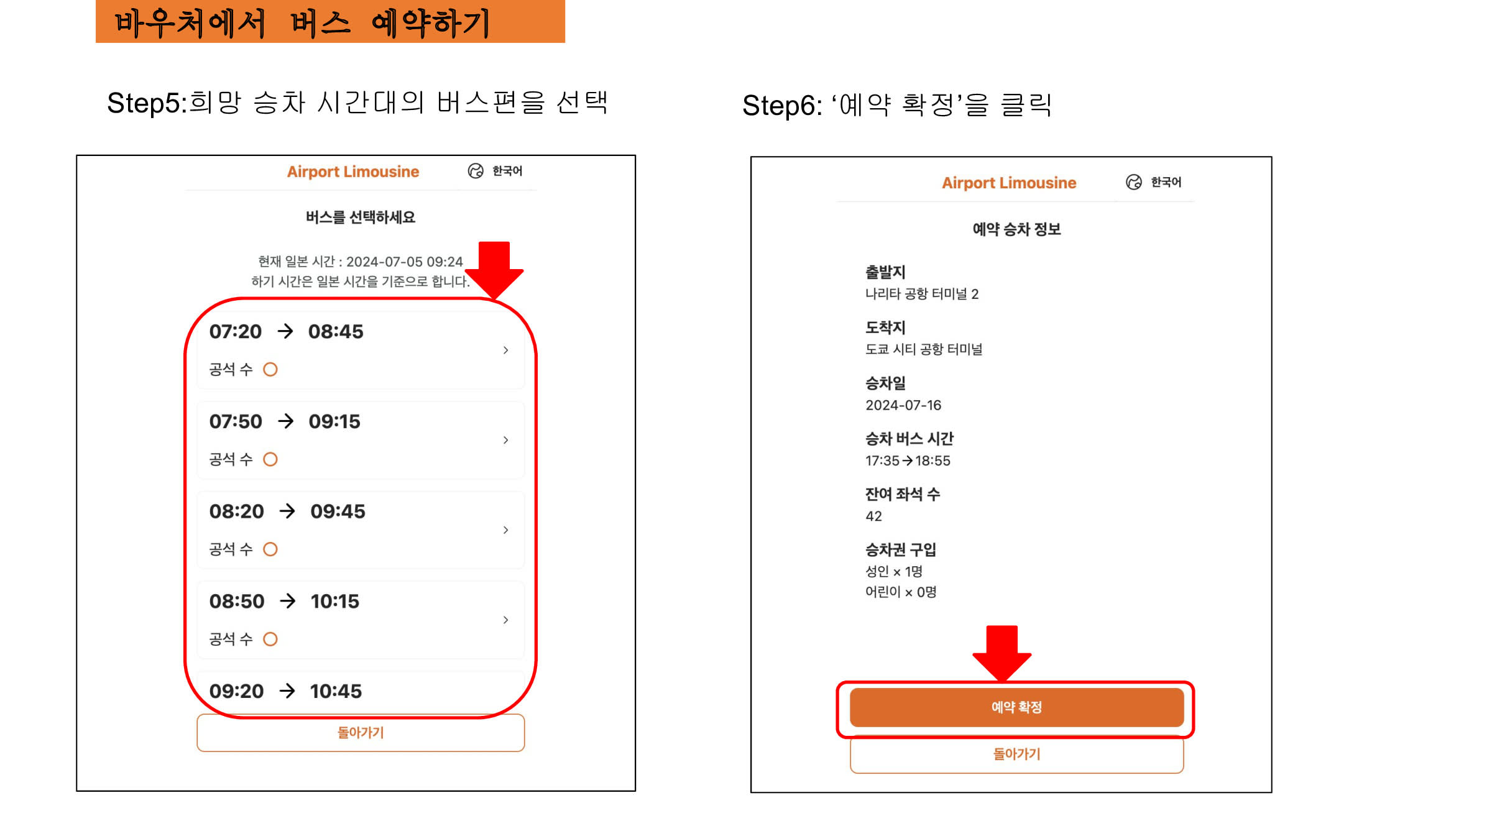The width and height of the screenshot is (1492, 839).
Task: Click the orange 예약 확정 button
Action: [x=1016, y=707]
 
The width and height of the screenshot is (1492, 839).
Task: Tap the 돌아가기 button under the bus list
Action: [x=361, y=733]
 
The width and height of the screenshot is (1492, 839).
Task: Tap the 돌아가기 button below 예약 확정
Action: [x=1016, y=754]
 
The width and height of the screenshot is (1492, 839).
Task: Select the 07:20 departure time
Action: [x=235, y=332]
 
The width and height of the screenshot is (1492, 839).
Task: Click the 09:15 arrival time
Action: [x=334, y=422]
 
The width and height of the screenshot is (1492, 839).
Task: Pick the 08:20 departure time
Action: [x=236, y=511]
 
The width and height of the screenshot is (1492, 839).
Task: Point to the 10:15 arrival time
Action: [x=335, y=602]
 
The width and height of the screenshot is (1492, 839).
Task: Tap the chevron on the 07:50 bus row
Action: [x=506, y=440]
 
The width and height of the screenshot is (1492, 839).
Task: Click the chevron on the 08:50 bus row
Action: [x=506, y=620]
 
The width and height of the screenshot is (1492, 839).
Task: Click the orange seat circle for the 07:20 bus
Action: [x=270, y=370]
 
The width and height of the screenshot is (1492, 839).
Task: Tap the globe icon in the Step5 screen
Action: [x=476, y=171]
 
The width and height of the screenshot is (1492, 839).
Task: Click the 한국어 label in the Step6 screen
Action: [x=1166, y=182]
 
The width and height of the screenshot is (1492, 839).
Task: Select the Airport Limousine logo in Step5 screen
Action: [x=353, y=172]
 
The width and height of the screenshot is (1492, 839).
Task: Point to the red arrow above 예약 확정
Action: [x=1002, y=654]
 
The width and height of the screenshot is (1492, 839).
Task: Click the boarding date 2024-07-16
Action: [x=903, y=405]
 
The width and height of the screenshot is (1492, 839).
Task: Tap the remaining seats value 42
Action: [x=873, y=516]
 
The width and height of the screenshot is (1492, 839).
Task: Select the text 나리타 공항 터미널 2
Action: [x=922, y=294]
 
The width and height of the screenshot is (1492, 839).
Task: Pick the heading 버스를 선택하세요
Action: [x=361, y=218]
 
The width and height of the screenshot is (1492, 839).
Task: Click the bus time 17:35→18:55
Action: [x=908, y=461]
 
